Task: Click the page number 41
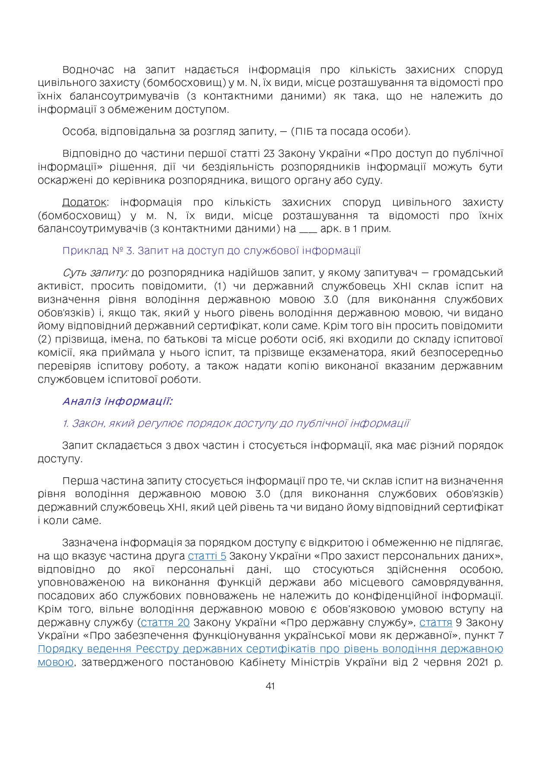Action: tap(270, 686)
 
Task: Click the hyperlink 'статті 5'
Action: tap(207, 556)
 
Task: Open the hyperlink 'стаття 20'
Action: tap(165, 622)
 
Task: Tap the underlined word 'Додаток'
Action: tap(84, 202)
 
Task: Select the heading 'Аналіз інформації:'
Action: tap(117, 401)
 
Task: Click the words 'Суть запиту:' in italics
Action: tap(95, 273)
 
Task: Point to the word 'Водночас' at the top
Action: tap(88, 70)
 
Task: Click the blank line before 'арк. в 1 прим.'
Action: tap(308, 229)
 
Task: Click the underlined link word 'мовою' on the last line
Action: tap(55, 662)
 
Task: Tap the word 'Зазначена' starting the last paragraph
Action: tap(89, 542)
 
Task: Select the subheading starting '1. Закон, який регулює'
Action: tap(236, 423)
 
